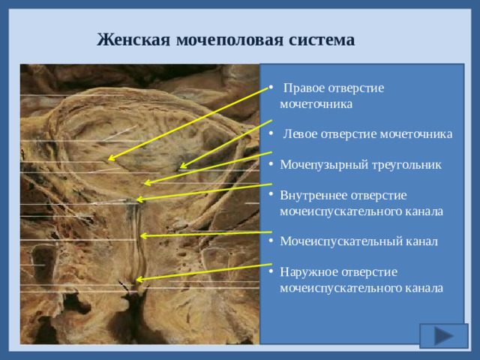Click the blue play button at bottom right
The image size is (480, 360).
pos(444,335)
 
